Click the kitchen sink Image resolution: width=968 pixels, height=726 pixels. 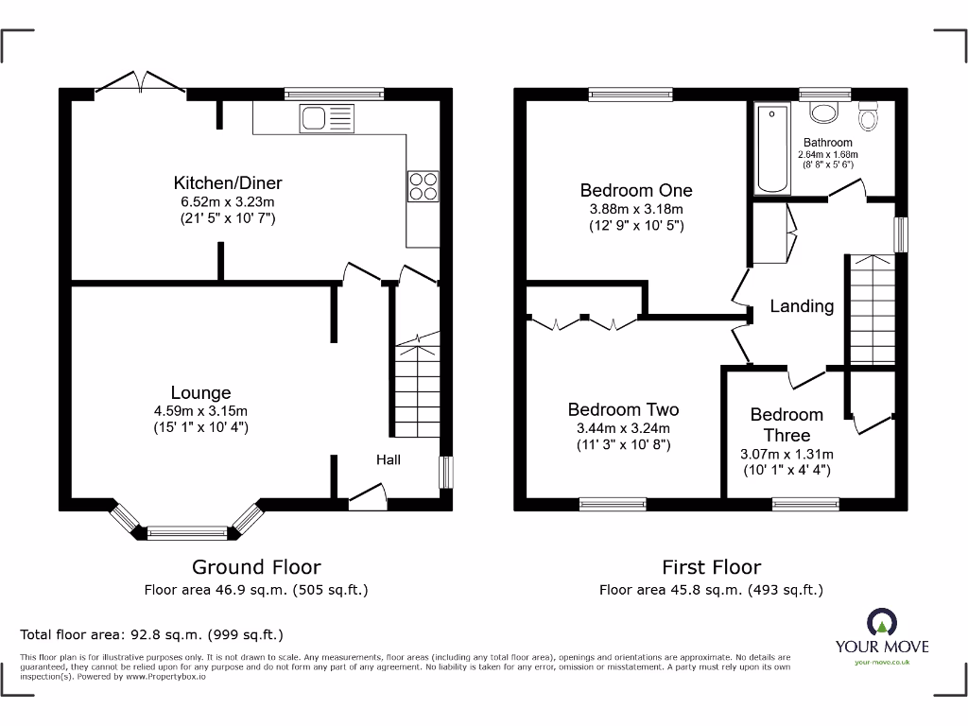325,119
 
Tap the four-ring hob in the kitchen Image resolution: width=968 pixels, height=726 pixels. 423,185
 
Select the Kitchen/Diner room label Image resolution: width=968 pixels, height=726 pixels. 227,183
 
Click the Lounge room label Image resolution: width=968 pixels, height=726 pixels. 200,392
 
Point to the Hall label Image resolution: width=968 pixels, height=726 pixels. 389,460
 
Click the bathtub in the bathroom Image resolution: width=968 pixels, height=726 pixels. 773,148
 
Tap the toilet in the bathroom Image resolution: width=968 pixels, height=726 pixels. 868,116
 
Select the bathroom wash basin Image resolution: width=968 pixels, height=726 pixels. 824,112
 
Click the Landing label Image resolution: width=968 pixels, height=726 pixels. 802,306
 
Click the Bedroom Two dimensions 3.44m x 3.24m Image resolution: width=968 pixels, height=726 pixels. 623,428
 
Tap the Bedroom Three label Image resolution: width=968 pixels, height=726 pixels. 786,424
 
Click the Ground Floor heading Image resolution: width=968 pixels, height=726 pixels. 256,567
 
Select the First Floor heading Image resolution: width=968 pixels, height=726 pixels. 711,567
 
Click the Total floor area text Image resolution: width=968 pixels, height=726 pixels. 151,634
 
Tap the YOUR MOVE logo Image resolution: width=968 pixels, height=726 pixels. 881,634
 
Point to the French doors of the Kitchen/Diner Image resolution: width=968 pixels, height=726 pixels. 141,83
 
